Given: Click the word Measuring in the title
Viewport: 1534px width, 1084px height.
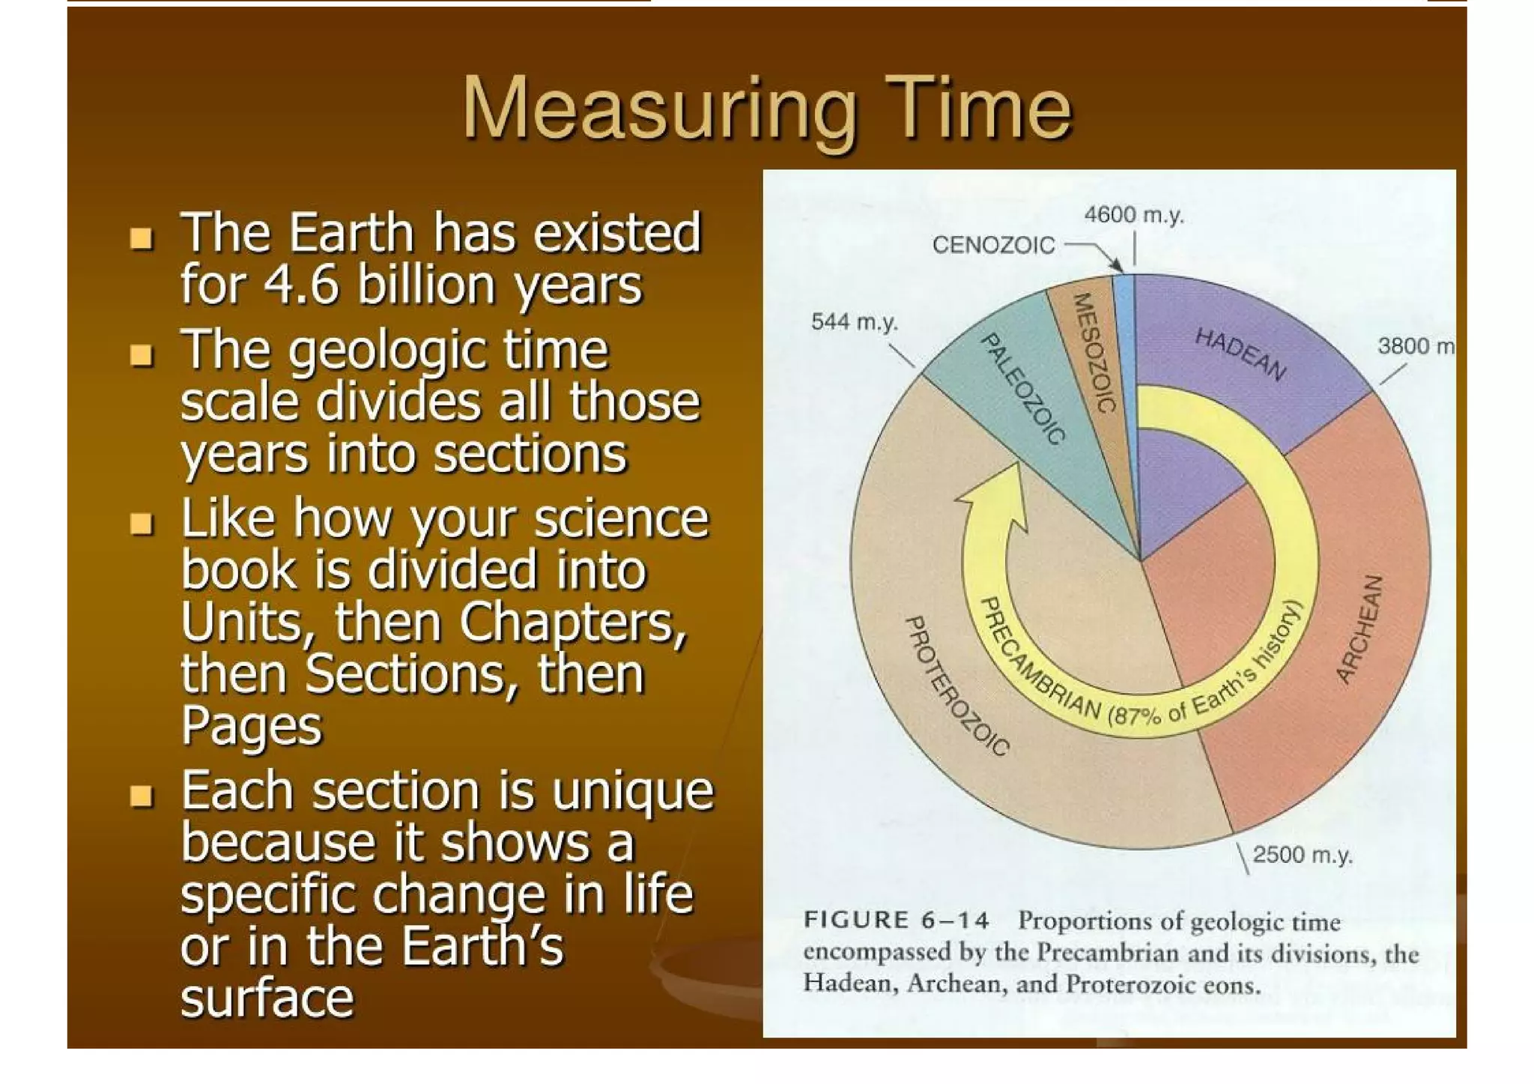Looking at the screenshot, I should [659, 111].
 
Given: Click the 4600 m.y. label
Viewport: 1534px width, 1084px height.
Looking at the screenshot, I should [1133, 216].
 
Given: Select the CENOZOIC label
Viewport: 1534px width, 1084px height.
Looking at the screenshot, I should [992, 246].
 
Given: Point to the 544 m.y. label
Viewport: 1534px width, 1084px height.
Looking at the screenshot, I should [854, 322].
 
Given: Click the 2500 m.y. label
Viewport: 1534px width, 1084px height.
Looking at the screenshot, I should [1303, 855].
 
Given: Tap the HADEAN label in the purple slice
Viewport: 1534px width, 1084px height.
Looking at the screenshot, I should [1240, 354].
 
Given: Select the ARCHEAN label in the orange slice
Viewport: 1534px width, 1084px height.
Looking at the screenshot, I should [1359, 629].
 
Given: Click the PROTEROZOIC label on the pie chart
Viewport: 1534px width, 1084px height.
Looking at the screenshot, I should [957, 685].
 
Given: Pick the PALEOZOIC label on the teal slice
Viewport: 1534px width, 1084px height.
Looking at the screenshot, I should [1023, 389].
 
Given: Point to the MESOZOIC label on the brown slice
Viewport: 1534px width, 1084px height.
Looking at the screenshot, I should [1094, 352].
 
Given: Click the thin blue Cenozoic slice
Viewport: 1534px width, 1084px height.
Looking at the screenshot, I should [1124, 315].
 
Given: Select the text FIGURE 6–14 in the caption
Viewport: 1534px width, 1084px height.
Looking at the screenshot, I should [896, 920].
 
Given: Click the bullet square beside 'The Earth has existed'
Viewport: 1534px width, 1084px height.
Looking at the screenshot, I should [141, 239].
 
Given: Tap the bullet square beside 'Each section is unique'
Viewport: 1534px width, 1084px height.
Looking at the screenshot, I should [141, 796].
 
